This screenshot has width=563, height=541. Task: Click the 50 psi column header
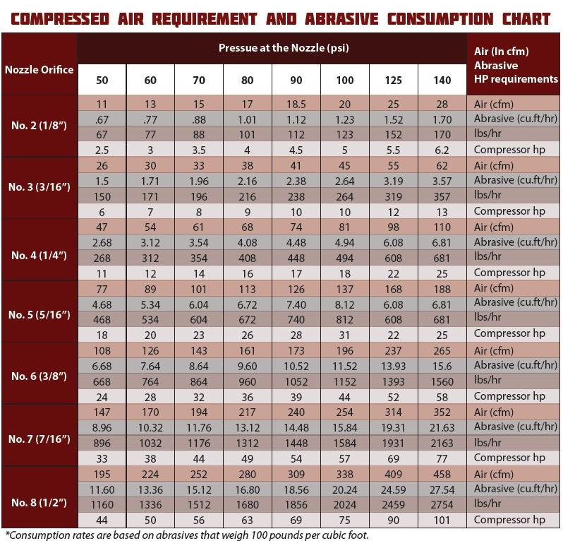pyautogui.click(x=102, y=80)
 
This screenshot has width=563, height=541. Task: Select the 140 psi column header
pyautogui.click(x=442, y=80)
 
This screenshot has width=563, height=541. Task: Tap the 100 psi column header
pyautogui.click(x=345, y=80)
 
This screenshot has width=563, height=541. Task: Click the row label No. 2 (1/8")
pyautogui.click(x=39, y=126)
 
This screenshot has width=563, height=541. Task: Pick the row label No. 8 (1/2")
pyautogui.click(x=39, y=502)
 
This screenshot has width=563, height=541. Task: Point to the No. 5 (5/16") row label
pyautogui.click(x=39, y=315)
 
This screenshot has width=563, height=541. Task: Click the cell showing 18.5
pyautogui.click(x=296, y=105)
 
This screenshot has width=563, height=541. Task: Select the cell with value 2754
pyautogui.click(x=442, y=505)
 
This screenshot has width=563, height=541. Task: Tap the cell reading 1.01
pyautogui.click(x=247, y=119)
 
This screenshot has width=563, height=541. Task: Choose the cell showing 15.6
pyautogui.click(x=442, y=367)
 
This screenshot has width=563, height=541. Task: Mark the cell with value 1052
pyautogui.click(x=296, y=382)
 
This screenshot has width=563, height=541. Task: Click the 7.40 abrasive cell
pyautogui.click(x=296, y=305)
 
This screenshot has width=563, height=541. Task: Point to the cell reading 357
pyautogui.click(x=442, y=196)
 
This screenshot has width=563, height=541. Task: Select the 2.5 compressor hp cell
pyautogui.click(x=102, y=150)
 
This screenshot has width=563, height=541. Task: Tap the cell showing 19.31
pyautogui.click(x=393, y=428)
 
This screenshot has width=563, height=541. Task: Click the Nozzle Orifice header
pyautogui.click(x=39, y=69)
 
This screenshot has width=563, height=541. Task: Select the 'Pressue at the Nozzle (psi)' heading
pyautogui.click(x=284, y=48)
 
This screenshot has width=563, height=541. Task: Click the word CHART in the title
pyautogui.click(x=526, y=19)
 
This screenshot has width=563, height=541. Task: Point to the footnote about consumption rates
pyautogui.click(x=187, y=535)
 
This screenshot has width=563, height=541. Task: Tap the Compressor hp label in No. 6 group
pyautogui.click(x=509, y=396)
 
